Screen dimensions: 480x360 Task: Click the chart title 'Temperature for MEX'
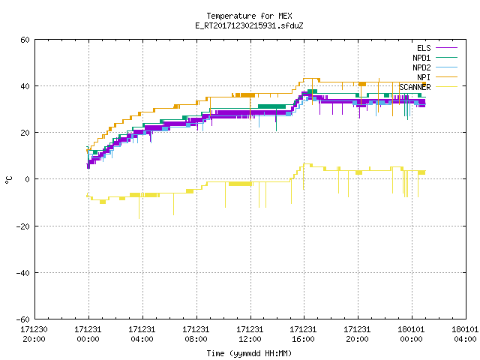[249, 16]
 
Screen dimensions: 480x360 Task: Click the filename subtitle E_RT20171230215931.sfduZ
[249, 25]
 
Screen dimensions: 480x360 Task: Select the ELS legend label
[424, 48]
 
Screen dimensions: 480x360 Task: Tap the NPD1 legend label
[421, 58]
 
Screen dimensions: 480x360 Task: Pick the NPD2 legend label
[421, 67]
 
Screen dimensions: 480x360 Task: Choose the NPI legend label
[424, 77]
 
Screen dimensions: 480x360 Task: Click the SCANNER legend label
[415, 87]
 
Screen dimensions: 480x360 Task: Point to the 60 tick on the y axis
[25, 40]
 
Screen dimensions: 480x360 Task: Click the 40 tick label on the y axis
[25, 86]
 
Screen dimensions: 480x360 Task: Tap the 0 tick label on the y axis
[28, 179]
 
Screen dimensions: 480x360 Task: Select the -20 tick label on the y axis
[23, 226]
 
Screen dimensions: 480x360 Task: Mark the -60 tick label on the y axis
[23, 319]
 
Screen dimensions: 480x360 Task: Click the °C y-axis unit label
[8, 180]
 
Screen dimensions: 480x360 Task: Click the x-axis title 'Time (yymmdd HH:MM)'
[249, 353]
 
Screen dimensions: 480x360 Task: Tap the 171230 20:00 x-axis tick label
[34, 334]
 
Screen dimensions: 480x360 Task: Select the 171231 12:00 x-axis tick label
[250, 334]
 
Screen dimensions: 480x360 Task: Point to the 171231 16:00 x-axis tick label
[303, 334]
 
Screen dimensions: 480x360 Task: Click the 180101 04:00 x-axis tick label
[465, 334]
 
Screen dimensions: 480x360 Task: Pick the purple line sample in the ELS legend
[446, 48]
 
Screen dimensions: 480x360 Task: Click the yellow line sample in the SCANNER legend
[446, 87]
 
